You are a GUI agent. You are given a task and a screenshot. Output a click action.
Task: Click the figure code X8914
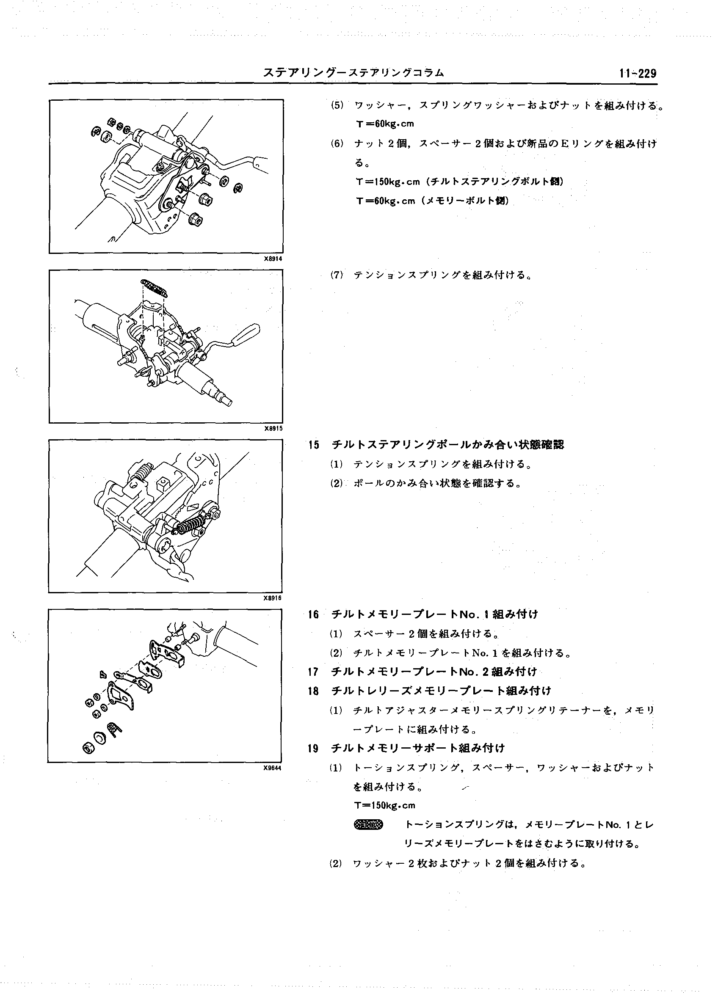273,259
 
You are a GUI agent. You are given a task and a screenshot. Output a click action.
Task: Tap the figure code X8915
273,429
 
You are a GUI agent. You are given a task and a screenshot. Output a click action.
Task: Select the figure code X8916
273,598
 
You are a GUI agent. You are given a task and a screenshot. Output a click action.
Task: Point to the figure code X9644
272,768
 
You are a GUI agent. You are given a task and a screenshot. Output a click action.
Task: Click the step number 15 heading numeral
314,445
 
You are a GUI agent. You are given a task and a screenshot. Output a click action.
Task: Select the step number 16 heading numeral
314,614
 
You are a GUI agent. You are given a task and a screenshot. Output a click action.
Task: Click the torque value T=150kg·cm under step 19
385,805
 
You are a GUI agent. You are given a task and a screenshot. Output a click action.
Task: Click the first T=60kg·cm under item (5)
385,124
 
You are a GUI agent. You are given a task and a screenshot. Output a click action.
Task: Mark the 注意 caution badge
368,825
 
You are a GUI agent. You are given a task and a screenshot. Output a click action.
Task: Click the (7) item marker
337,275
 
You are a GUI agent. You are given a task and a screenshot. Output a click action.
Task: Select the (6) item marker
337,144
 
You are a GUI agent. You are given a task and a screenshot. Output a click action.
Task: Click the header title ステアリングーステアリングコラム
353,73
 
